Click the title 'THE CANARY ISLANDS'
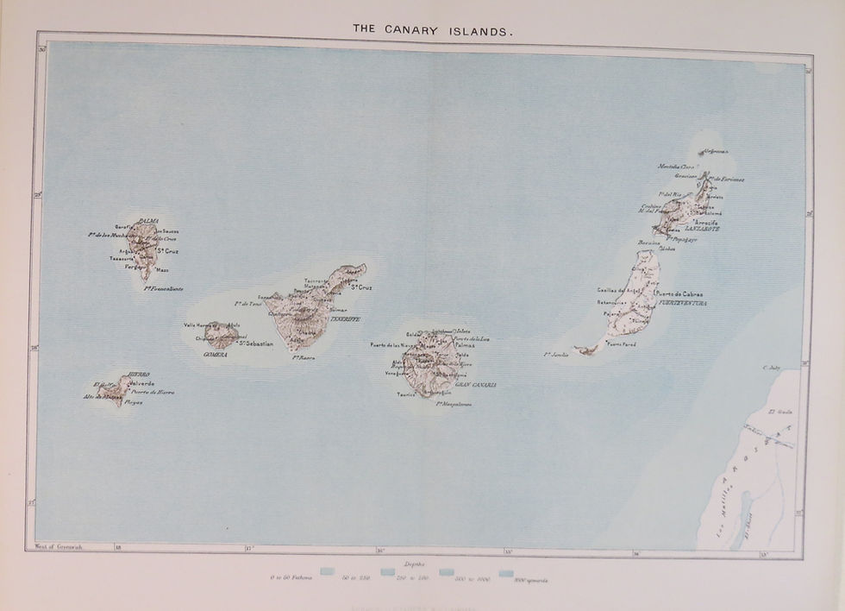point(434,29)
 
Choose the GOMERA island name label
point(214,354)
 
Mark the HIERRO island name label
point(138,375)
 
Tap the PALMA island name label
point(148,222)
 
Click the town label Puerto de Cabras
point(679,293)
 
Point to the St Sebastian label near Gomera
point(255,344)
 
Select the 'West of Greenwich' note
point(56,546)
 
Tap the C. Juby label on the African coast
point(770,367)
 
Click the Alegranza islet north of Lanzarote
point(714,151)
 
